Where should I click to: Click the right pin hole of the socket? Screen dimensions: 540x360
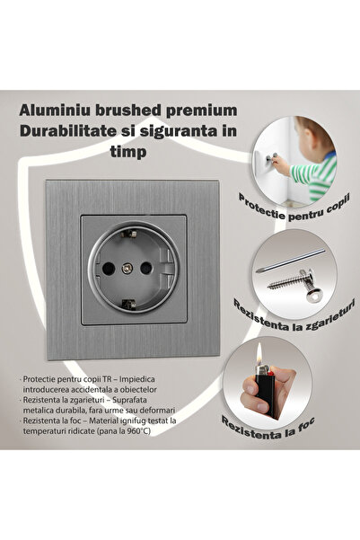pos(153,266)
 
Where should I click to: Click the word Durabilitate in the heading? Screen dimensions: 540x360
pos(76,132)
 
